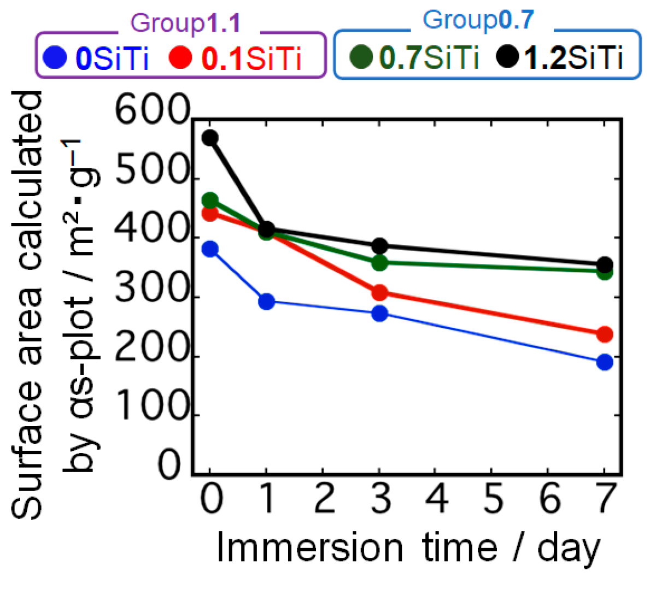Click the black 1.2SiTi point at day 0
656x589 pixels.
click(210, 138)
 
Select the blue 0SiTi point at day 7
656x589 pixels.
click(604, 362)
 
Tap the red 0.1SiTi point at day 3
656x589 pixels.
click(379, 293)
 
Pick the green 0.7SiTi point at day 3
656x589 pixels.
click(379, 263)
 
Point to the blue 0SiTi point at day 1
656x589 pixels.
click(266, 301)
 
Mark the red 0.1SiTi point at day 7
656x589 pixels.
click(604, 334)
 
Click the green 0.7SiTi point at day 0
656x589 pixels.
click(210, 200)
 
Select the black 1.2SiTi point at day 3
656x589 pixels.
click(379, 246)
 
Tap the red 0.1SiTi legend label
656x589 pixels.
click(251, 58)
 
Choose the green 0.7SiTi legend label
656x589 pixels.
click(429, 57)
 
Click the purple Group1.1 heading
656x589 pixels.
click(186, 23)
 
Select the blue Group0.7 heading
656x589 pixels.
click(478, 20)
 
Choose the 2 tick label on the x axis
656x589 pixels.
click(324, 498)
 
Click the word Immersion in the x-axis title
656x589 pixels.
click(309, 547)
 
